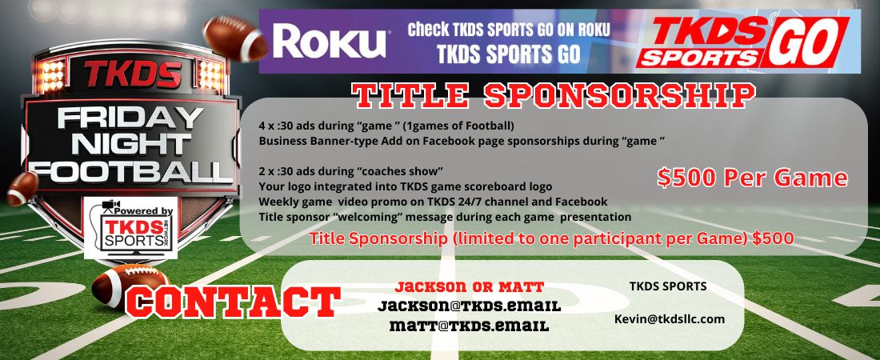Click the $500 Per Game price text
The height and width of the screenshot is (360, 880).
[x=752, y=178]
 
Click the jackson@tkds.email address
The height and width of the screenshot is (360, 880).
[x=469, y=306]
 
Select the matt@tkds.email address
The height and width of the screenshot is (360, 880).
[x=469, y=326]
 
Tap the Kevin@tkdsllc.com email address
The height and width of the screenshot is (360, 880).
[x=669, y=318]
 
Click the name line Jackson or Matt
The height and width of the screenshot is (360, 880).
[x=469, y=286]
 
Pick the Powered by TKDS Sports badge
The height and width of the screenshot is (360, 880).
[x=131, y=228]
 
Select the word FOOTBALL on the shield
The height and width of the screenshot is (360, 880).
[x=130, y=170]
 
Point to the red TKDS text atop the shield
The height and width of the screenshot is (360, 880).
[x=133, y=74]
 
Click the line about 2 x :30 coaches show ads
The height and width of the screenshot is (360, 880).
[x=351, y=171]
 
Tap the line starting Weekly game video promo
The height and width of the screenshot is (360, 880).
[x=433, y=202]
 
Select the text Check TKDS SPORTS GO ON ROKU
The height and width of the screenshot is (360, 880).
[x=509, y=30]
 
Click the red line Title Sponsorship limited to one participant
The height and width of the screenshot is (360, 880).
[x=551, y=238]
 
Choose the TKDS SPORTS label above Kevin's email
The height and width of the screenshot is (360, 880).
[x=668, y=286]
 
